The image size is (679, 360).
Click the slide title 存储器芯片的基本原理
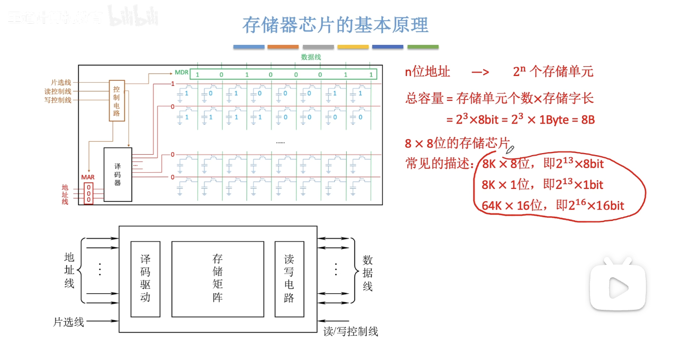coord(335,25)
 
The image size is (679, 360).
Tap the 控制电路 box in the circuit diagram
coord(117,100)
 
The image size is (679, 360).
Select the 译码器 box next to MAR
coord(117,174)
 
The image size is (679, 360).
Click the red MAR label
coord(88,177)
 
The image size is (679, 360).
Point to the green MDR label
coord(182,72)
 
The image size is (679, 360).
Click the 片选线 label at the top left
coord(61,83)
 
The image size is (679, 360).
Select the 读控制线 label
coord(58,92)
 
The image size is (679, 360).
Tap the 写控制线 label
coord(58,100)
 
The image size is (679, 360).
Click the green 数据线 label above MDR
coord(311,57)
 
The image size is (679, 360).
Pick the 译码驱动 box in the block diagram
coord(145,279)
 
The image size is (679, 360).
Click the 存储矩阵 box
coord(217,279)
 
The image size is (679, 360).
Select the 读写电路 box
coord(289,279)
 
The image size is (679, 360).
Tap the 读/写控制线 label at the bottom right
coord(351,332)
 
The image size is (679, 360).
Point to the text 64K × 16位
coord(512,206)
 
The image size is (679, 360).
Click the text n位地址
coord(427,72)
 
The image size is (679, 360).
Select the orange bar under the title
coord(283,47)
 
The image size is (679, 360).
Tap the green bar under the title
coord(423,47)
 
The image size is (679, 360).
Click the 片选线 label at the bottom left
coord(68,322)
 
